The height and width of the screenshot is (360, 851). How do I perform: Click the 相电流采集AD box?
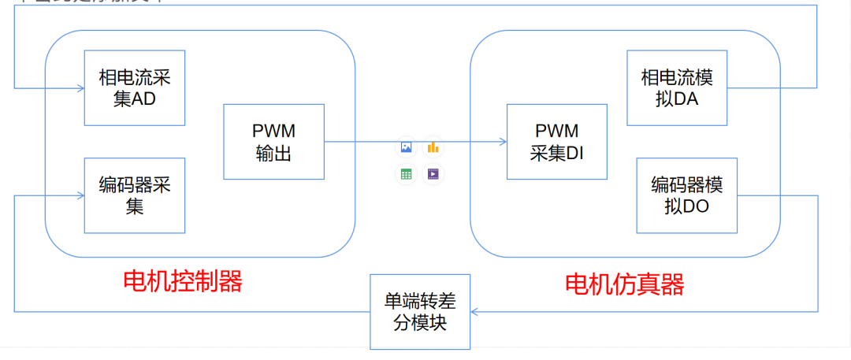[x=135, y=88]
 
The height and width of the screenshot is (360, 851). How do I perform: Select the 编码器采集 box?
[x=135, y=195]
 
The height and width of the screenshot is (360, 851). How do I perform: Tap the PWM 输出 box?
[x=273, y=142]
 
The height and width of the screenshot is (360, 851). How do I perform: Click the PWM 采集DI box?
[x=556, y=142]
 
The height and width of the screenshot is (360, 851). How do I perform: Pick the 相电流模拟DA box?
[x=676, y=88]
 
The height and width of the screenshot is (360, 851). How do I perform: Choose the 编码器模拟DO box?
[x=686, y=195]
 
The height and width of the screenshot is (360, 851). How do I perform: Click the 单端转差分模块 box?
[x=420, y=312]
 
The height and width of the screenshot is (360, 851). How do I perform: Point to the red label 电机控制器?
[x=183, y=281]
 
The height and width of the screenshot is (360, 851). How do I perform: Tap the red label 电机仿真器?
[x=625, y=284]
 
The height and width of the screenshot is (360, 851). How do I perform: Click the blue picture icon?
[x=406, y=147]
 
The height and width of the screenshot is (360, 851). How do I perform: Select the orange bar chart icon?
[x=433, y=147]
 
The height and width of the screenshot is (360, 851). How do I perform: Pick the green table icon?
[x=406, y=173]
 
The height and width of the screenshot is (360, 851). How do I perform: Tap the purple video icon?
[x=433, y=173]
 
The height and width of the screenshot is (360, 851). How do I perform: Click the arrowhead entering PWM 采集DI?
[x=503, y=142]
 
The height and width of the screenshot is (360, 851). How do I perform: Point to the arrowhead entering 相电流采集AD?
[x=80, y=88]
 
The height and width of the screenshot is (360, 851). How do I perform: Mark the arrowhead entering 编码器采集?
[x=80, y=195]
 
